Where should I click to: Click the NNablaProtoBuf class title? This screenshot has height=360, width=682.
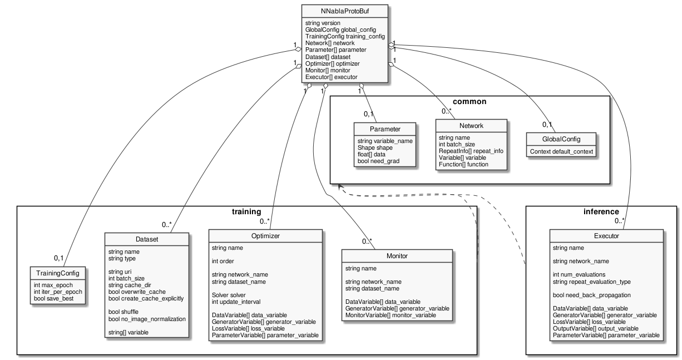click(344, 11)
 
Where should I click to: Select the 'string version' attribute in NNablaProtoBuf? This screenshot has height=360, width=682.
click(323, 23)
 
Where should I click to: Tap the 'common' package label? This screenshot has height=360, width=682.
click(470, 102)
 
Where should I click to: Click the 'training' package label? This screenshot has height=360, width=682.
click(246, 212)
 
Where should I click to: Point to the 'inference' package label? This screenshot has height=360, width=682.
click(601, 212)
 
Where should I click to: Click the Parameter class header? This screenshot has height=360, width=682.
click(385, 129)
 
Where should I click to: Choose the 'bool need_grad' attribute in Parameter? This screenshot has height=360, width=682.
click(379, 161)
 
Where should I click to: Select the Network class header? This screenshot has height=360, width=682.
click(471, 126)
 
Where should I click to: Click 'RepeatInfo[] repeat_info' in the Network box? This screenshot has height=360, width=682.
click(471, 151)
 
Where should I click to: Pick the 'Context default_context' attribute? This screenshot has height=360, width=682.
click(562, 151)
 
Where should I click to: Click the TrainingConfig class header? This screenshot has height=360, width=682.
click(58, 273)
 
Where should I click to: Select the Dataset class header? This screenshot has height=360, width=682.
click(147, 239)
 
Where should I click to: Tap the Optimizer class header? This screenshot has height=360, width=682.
click(265, 236)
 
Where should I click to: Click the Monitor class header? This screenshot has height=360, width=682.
click(397, 257)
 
